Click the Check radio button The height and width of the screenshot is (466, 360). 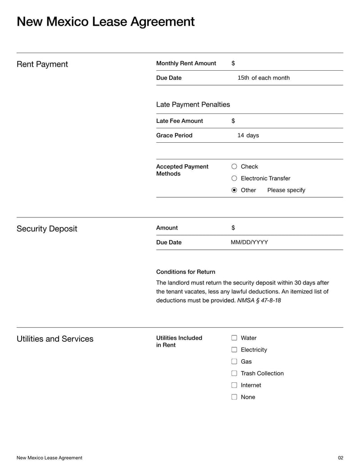click(x=234, y=167)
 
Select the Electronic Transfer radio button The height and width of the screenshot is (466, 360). click(x=234, y=178)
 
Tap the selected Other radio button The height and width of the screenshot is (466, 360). click(x=234, y=190)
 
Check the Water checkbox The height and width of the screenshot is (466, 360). click(x=234, y=338)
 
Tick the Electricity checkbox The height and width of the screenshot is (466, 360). click(x=234, y=350)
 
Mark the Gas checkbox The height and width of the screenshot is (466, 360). click(x=234, y=362)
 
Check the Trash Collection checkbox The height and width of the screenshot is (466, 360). click(x=234, y=373)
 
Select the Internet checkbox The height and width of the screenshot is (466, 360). click(x=234, y=385)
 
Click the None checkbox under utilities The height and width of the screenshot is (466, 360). click(x=234, y=397)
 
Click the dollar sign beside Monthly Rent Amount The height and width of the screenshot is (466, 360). click(x=233, y=63)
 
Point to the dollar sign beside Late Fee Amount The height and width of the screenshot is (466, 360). click(x=233, y=121)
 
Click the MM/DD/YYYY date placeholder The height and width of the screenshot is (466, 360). click(x=249, y=242)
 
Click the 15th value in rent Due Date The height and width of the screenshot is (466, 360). click(x=243, y=78)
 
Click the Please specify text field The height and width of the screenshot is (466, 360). click(x=286, y=190)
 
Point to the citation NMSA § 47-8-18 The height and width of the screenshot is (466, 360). click(x=259, y=300)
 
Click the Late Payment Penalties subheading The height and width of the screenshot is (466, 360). click(x=193, y=104)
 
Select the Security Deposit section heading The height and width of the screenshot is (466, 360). click(x=47, y=229)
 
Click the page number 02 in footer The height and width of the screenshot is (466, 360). click(x=340, y=458)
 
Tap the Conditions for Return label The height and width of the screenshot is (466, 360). click(x=185, y=272)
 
